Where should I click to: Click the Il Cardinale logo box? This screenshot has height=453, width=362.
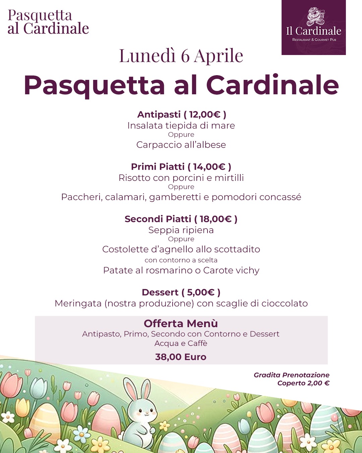click(x=313, y=28)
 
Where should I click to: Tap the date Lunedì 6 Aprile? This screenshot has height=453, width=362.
click(x=181, y=56)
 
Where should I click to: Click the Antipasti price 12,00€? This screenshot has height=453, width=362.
click(x=205, y=115)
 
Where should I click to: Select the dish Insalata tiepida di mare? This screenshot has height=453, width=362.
click(x=181, y=125)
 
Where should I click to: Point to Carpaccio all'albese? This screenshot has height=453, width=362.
click(x=181, y=145)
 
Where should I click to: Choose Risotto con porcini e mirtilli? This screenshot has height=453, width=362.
click(x=181, y=178)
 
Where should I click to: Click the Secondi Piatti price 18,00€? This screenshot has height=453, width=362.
click(x=216, y=219)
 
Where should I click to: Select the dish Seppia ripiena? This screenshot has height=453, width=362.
click(x=181, y=230)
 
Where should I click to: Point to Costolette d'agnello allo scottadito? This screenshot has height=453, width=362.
click(x=181, y=249)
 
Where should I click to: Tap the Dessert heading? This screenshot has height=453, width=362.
click(x=160, y=292)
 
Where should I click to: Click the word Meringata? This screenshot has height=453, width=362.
click(x=78, y=303)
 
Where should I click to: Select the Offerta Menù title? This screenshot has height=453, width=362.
click(x=181, y=323)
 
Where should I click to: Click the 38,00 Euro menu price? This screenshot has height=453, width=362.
click(x=181, y=357)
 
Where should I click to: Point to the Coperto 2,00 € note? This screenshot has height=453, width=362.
click(x=303, y=383)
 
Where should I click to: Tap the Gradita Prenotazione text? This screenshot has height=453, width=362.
click(x=291, y=375)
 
